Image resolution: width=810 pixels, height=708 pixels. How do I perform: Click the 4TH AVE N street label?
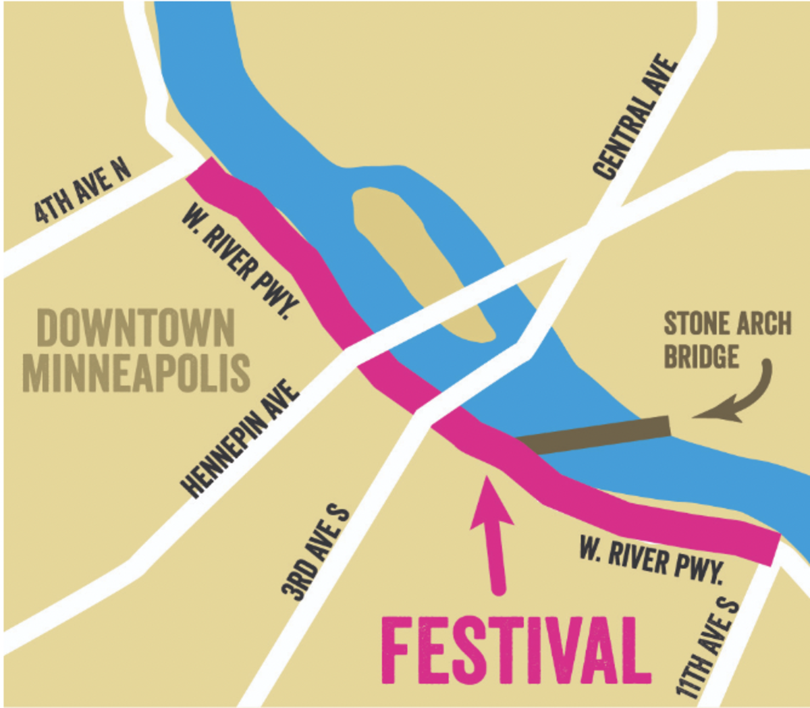[82, 191]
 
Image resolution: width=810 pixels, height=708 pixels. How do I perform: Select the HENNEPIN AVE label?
[239, 439]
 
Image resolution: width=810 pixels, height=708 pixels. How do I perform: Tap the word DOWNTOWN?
[136, 328]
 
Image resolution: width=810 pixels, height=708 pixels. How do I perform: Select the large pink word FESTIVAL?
[516, 650]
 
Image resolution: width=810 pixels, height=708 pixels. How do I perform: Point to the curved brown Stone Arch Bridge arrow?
[739, 398]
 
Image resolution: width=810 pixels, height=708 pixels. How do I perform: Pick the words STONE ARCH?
[727, 323]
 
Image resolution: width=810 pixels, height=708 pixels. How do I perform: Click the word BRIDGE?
[701, 356]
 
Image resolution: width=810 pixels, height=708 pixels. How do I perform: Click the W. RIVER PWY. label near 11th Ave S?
[651, 560]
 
